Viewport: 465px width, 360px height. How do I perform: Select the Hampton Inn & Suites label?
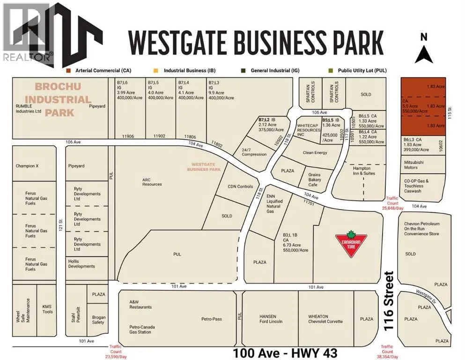[361, 171]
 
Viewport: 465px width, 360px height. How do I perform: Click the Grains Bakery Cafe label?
[314, 179]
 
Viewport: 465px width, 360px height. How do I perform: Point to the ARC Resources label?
[152, 181]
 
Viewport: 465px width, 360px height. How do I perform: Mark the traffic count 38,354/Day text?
[387, 352]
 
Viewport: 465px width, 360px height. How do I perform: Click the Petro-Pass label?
[212, 319]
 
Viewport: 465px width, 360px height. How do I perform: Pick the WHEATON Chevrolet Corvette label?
[325, 319]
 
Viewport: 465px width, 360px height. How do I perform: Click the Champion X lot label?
[29, 166]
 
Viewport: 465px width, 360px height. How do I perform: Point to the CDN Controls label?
[240, 187]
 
